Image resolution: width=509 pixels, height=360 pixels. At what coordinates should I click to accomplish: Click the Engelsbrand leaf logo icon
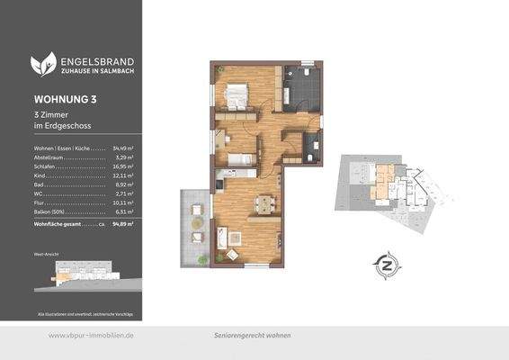[43, 63]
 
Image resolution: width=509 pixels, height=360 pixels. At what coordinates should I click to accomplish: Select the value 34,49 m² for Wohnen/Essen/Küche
[123, 147]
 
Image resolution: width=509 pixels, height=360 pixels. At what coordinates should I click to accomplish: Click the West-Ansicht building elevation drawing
[86, 274]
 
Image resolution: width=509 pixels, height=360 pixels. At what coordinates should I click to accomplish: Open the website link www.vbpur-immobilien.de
[90, 335]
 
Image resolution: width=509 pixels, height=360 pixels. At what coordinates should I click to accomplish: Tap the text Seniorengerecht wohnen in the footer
[252, 335]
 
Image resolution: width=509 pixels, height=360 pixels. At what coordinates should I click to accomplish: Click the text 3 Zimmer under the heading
[53, 114]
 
